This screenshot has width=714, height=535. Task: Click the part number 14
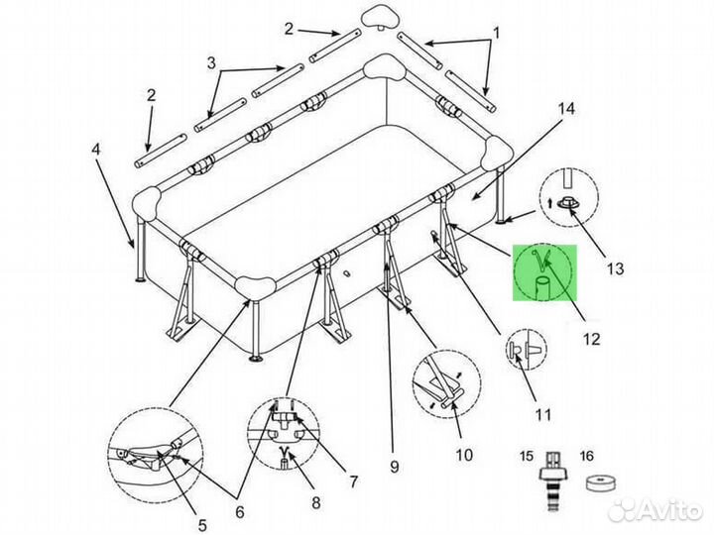pyautogui.click(x=566, y=109)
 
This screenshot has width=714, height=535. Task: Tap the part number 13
pyautogui.click(x=615, y=268)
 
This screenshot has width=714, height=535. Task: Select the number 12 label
pyautogui.click(x=591, y=339)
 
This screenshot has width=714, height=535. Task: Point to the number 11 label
pyautogui.click(x=542, y=414)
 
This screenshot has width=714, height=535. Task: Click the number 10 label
pyautogui.click(x=464, y=455)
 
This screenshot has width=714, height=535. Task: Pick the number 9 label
pyautogui.click(x=395, y=467)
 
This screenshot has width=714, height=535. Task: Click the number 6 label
pyautogui.click(x=240, y=512)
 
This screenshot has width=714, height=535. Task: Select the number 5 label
pyautogui.click(x=201, y=524)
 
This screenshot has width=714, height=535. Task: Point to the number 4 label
pyautogui.click(x=95, y=150)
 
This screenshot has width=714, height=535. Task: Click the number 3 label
pyautogui.click(x=211, y=63)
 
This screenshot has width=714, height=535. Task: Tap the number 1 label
pyautogui.click(x=497, y=34)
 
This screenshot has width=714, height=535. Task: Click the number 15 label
pyautogui.click(x=527, y=456)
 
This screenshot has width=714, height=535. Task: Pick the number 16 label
pyautogui.click(x=587, y=456)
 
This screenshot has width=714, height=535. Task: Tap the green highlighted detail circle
pyautogui.click(x=544, y=273)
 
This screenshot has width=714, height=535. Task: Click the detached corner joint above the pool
pyautogui.click(x=380, y=17)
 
